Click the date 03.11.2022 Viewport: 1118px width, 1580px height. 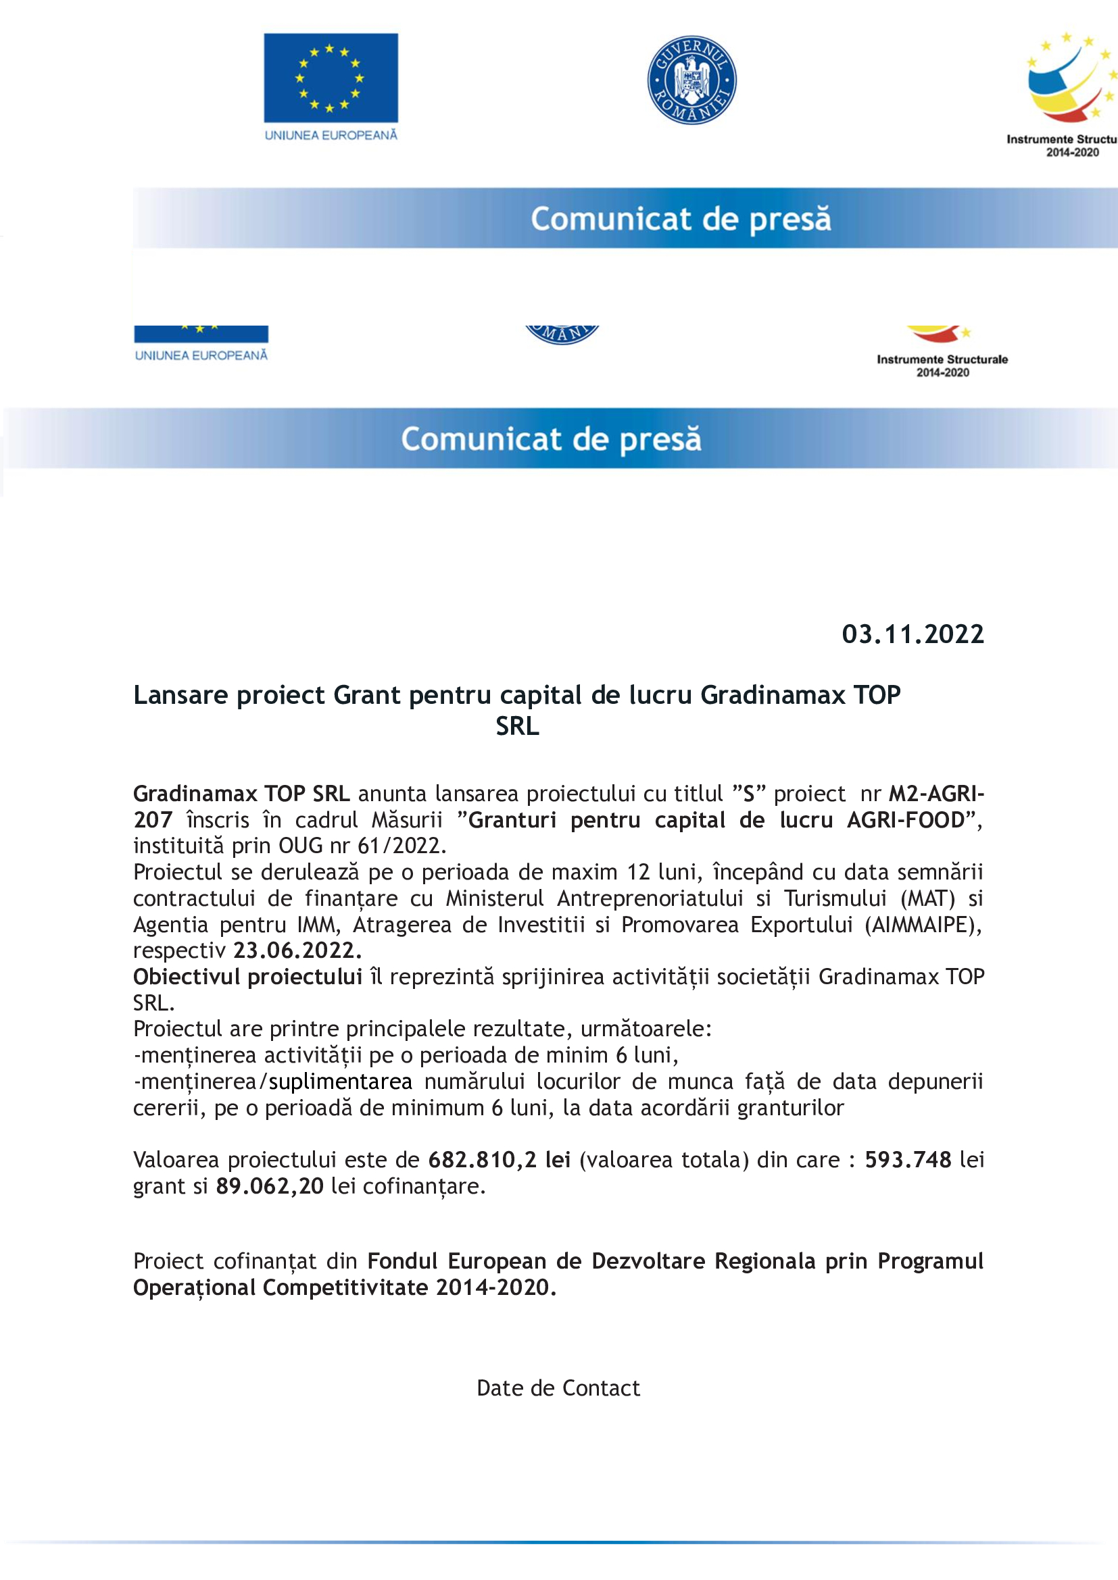point(912,634)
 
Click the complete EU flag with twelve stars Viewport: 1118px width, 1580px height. point(331,78)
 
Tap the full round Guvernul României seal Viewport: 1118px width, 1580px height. point(691,80)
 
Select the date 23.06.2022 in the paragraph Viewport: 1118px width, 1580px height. point(297,950)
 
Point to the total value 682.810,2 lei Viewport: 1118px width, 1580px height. point(499,1160)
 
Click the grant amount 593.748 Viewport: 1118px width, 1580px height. point(907,1160)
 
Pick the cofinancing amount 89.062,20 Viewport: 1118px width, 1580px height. point(269,1186)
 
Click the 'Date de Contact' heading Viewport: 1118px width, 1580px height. point(558,1388)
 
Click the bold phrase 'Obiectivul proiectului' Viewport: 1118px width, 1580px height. point(248,977)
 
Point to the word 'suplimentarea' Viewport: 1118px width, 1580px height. point(340,1081)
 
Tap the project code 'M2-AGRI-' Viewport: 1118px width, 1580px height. point(936,794)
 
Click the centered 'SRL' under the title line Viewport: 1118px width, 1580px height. point(517,726)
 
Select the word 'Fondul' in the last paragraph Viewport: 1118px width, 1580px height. point(402,1260)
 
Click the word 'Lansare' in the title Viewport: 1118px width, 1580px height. point(180,695)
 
